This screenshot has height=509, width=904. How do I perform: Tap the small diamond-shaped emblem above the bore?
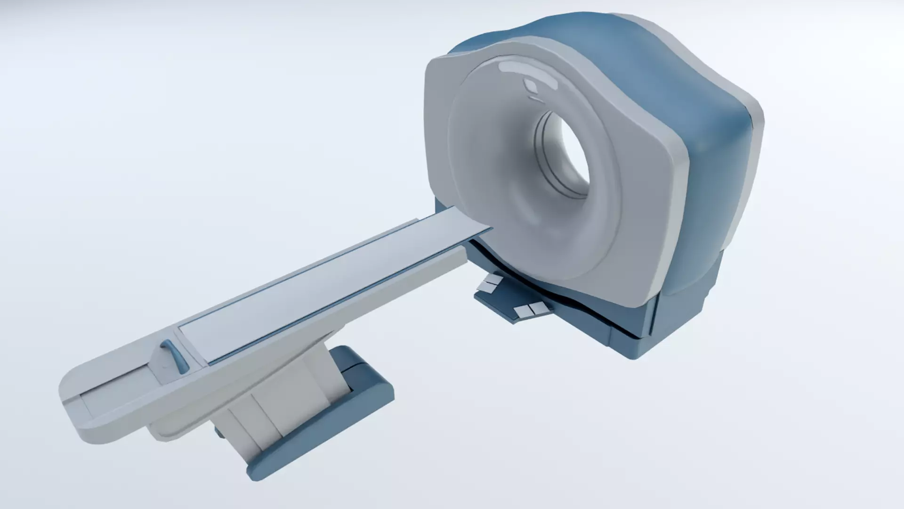(x=531, y=85)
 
